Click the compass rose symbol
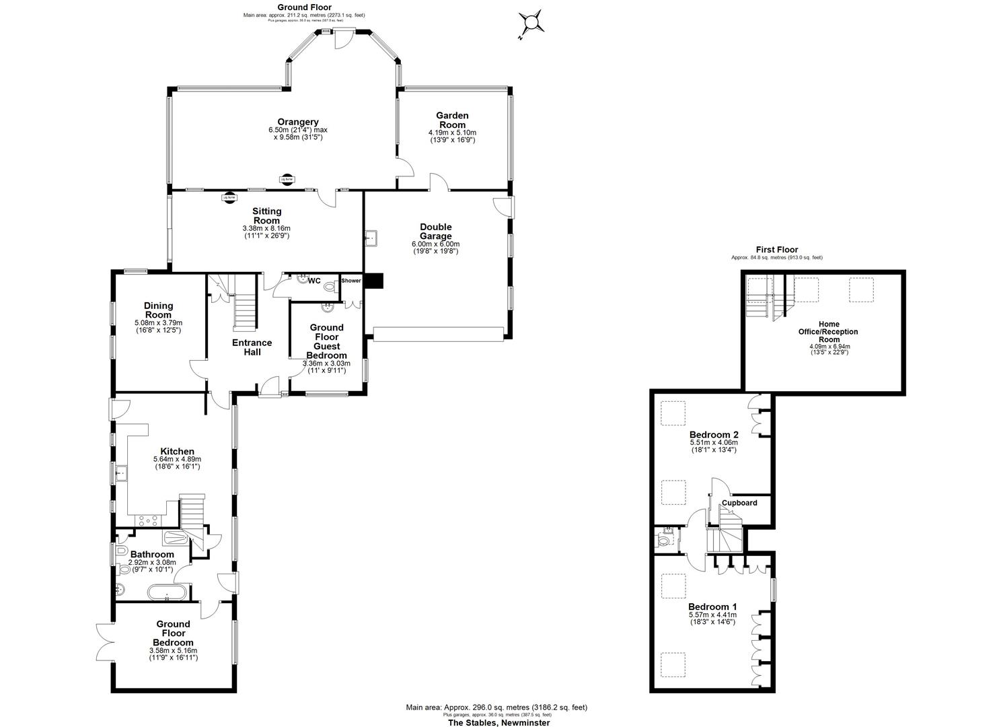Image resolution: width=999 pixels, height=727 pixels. [531, 24]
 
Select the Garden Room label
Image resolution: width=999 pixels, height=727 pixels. [452, 120]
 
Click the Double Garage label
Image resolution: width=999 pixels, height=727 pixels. [435, 231]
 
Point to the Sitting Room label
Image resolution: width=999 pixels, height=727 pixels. [266, 216]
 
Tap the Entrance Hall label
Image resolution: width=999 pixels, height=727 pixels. [252, 347]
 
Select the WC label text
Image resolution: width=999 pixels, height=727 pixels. [314, 281]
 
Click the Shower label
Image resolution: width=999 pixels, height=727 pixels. [351, 281]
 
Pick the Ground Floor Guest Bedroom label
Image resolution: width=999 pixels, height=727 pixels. [326, 341]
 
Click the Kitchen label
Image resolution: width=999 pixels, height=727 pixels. [177, 451]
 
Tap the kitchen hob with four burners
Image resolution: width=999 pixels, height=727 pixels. [148, 519]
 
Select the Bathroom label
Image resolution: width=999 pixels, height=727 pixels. [151, 554]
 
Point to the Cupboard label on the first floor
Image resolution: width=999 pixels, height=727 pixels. [739, 503]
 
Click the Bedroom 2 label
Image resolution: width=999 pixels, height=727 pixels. [713, 434]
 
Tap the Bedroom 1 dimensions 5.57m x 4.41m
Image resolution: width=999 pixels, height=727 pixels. [712, 615]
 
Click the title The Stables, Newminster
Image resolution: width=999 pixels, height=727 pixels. [499, 722]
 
